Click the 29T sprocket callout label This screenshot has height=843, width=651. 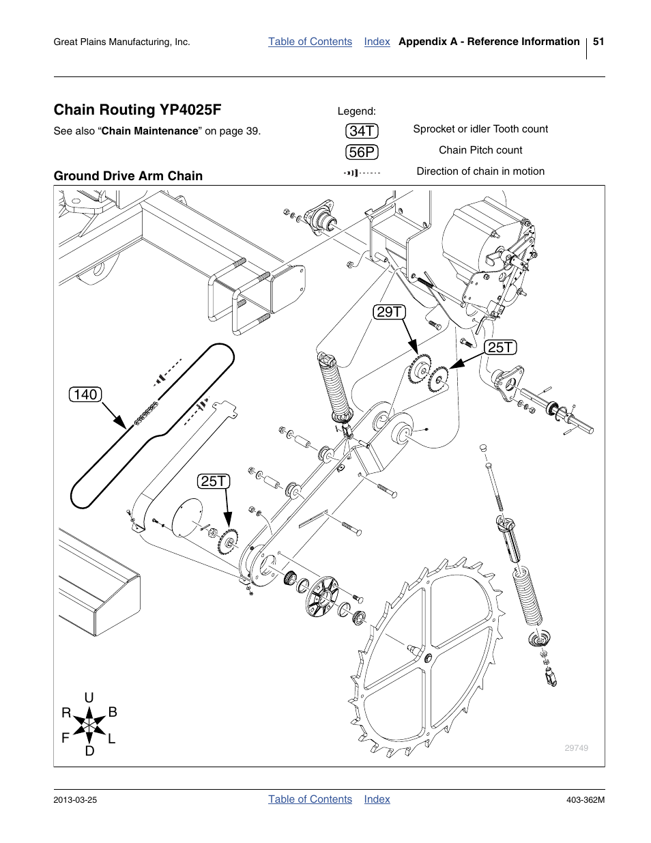(389, 312)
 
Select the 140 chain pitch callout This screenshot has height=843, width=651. (85, 394)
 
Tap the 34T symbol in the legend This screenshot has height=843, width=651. (362, 131)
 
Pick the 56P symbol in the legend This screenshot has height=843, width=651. (362, 152)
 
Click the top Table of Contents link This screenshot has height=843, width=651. (310, 42)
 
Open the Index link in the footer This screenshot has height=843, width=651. (377, 799)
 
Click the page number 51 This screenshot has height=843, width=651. (598, 42)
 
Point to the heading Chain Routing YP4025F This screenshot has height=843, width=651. (137, 110)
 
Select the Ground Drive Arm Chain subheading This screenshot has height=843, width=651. (128, 175)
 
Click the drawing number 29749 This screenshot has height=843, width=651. (576, 748)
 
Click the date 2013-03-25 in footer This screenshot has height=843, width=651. (75, 799)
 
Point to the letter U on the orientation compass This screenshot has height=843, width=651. (89, 697)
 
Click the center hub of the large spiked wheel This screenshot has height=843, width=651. (427, 657)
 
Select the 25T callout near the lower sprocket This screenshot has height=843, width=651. (214, 481)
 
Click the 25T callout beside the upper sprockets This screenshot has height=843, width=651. (500, 347)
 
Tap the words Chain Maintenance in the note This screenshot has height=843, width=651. (149, 131)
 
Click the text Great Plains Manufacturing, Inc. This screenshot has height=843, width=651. (121, 42)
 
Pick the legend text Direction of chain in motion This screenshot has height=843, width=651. (480, 171)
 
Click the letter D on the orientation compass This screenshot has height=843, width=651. (89, 751)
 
